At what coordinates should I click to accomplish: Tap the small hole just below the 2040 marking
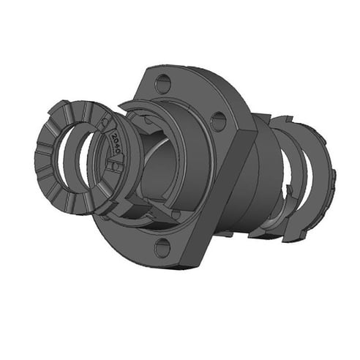tap(113, 167)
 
